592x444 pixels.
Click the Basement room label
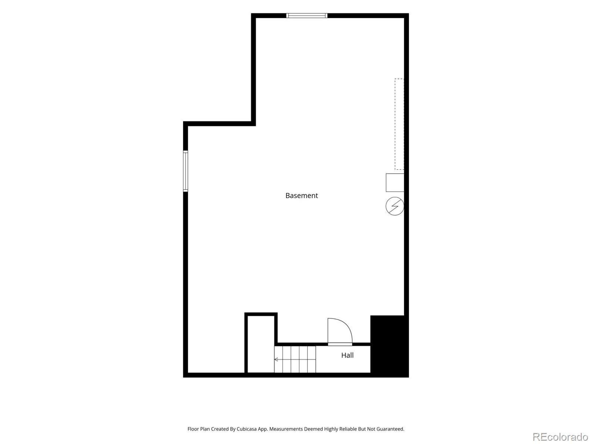tap(301, 196)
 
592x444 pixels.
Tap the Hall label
tap(347, 355)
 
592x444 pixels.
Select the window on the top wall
tap(307, 16)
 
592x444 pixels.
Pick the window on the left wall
tap(186, 171)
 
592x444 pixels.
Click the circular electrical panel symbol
tap(394, 206)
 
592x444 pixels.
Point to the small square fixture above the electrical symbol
tap(395, 183)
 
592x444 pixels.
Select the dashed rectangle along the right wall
tap(399, 124)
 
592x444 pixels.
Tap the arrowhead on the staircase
tap(276, 359)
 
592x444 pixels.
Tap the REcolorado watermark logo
tap(560, 437)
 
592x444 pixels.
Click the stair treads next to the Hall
tap(295, 359)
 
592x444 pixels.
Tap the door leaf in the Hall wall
tap(340, 344)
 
